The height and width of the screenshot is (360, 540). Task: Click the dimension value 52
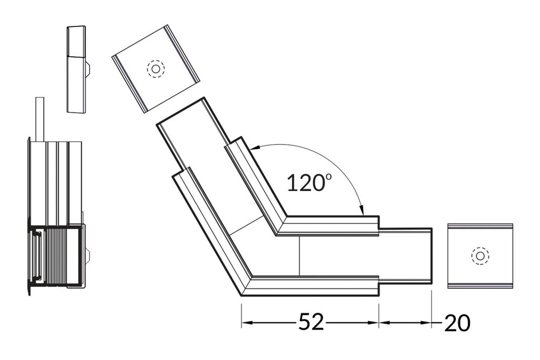310,322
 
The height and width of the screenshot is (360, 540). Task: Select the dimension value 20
457,323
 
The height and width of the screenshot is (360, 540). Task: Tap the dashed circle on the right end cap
479,256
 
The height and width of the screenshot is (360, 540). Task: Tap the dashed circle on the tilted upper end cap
156,69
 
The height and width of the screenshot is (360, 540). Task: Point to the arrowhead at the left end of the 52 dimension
246,323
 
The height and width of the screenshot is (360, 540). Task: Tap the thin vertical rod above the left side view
38,119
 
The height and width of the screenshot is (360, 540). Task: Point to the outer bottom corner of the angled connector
241,296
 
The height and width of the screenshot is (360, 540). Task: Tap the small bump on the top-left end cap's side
89,68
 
